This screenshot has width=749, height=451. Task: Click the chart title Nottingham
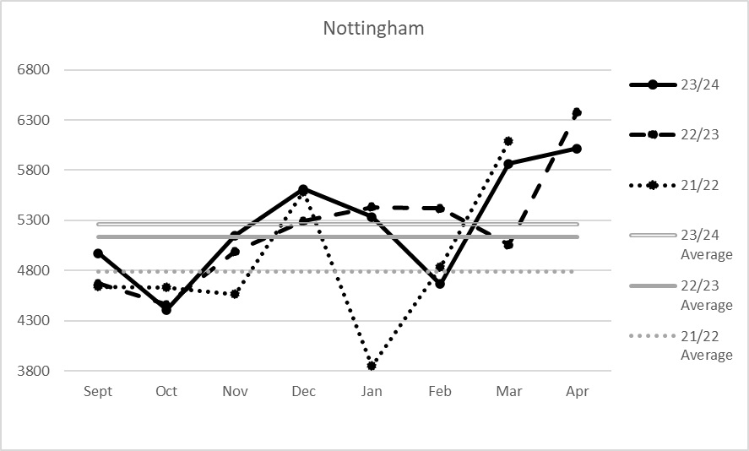[373, 29]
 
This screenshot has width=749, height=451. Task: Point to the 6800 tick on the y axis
[34, 69]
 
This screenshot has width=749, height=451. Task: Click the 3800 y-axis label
[34, 371]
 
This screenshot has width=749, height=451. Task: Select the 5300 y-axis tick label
[34, 220]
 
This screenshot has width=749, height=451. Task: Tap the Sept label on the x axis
[98, 392]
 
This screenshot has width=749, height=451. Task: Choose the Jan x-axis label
[372, 392]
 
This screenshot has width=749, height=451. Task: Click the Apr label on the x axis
[577, 392]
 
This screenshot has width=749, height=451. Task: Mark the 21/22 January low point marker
[372, 366]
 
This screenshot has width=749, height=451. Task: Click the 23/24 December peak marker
[303, 190]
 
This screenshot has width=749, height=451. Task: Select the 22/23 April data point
[577, 112]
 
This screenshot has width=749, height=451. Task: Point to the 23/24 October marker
[166, 310]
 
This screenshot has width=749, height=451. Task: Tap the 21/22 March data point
[508, 141]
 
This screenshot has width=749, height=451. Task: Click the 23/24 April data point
[577, 149]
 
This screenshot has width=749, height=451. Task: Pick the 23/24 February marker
[440, 284]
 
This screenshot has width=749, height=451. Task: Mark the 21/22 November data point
[235, 294]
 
